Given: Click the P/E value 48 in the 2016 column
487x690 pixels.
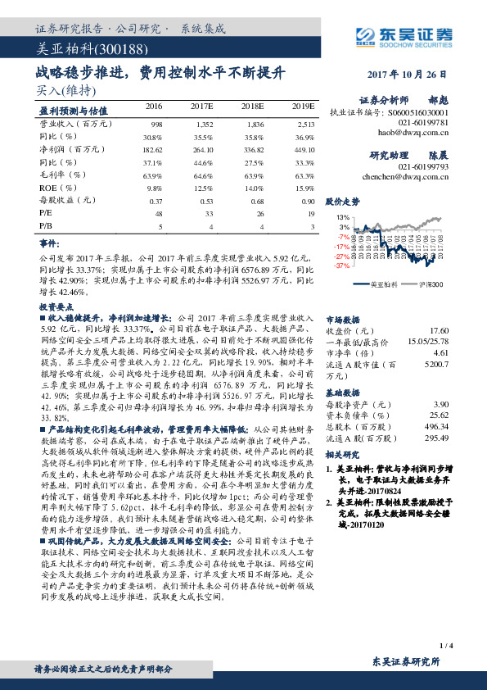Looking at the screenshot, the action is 156,213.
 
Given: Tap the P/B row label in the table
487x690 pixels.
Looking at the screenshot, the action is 46,225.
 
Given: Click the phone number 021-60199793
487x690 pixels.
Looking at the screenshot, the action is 425,166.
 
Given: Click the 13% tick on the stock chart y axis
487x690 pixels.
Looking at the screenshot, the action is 344,216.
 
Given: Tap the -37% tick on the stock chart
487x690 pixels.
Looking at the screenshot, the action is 340,266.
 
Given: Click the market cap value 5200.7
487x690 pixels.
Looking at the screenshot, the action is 435,363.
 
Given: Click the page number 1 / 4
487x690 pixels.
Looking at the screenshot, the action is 446,647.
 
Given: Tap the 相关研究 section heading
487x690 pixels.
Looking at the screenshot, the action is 342,453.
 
